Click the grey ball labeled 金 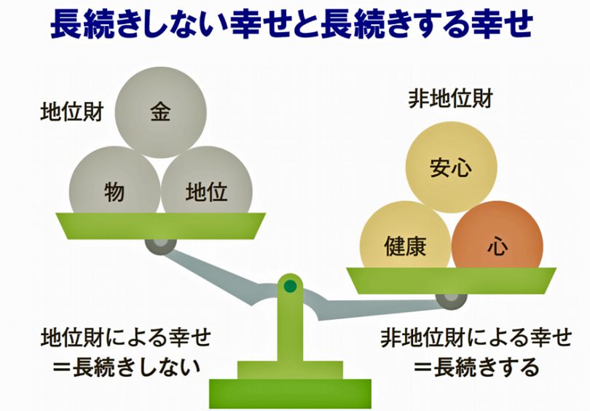tap(161, 112)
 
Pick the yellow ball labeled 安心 tap(451, 167)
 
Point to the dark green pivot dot tap(290, 286)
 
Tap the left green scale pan tap(161, 226)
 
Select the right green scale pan tap(451, 281)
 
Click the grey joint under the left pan tap(161, 246)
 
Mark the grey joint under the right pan tap(451, 301)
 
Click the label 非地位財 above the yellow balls tap(450, 99)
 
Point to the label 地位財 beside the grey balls tap(72, 112)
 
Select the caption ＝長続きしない tap(127, 367)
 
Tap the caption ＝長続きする tap(477, 367)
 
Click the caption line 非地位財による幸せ tap(476, 337)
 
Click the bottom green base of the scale tap(290, 394)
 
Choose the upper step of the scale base tap(290, 370)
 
